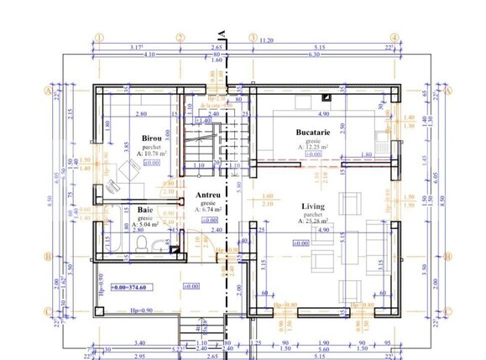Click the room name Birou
[x=152, y=138]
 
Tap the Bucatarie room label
[x=317, y=133]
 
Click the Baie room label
[x=144, y=211]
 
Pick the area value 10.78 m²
[x=153, y=154]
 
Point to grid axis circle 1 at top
[x=98, y=38]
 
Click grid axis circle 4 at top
[x=394, y=38]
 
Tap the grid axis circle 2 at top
[x=180, y=38]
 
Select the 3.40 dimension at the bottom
[x=138, y=342]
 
